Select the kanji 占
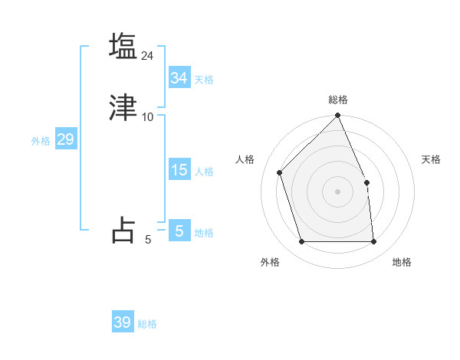coord(123,230)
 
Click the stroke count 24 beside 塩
coord(148,55)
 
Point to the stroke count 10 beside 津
coord(148,116)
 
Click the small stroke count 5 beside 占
coord(148,240)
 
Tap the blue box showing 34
coord(179,78)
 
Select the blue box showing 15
coord(179,170)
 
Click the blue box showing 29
coord(65,139)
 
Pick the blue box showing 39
coord(122,322)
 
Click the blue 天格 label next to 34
coord(204,80)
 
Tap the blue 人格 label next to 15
coord(204,172)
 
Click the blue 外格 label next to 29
coord(41,141)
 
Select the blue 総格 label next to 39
coord(147,324)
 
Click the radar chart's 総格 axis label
coord(337,100)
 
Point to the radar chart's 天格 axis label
coord(431,159)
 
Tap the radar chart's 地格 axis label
coord(402,262)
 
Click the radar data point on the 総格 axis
coord(337,116)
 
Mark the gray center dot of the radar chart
coord(337,191)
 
